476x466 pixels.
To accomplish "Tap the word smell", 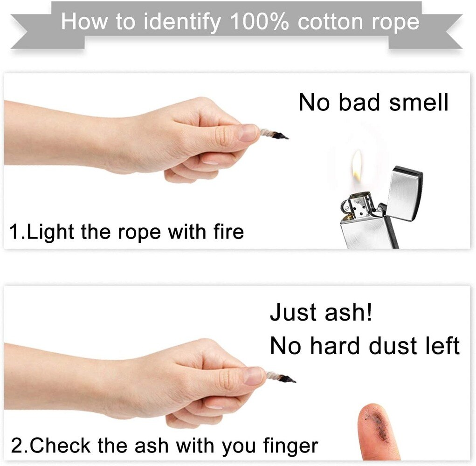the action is (x=419, y=102).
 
